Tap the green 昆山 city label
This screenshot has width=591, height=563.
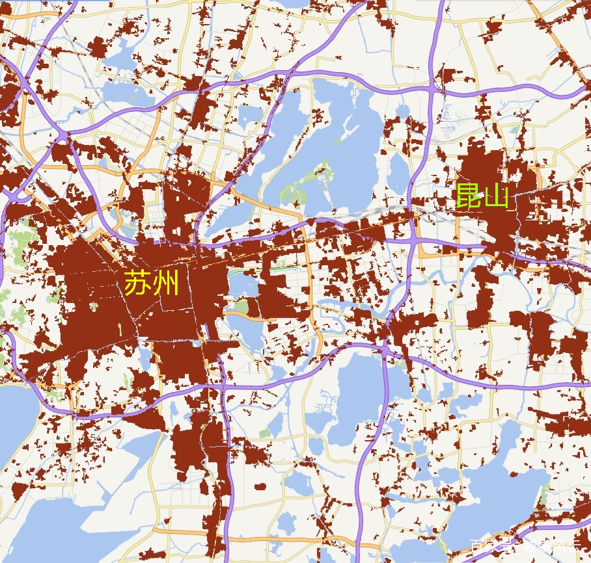click(x=481, y=196)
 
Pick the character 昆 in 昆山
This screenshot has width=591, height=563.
click(x=467, y=196)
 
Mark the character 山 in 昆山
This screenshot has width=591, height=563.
click(x=496, y=196)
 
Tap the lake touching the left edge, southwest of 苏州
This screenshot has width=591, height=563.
click(x=16, y=416)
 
